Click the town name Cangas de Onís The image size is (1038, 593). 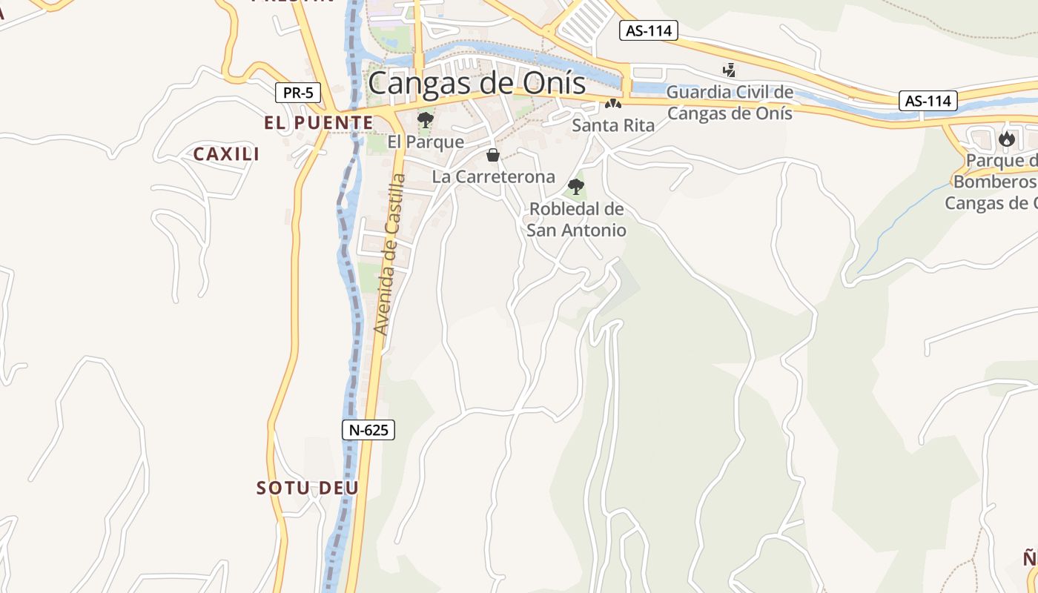tap(477, 83)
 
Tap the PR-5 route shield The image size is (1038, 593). tap(298, 93)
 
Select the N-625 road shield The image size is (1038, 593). tap(368, 429)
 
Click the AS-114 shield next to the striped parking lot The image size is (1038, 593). tap(648, 30)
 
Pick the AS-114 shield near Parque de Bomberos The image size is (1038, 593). tap(928, 100)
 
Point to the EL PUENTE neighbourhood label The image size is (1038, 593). tap(318, 122)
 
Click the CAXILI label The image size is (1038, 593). tap(226, 154)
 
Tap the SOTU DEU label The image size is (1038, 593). tap(308, 488)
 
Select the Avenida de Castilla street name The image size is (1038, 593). tap(390, 254)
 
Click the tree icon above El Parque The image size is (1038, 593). tap(425, 119)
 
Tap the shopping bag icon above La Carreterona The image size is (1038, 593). tap(492, 155)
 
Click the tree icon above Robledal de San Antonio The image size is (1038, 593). tap(575, 187)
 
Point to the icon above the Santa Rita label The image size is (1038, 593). tap(612, 104)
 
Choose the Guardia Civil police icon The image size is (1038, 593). tap(730, 70)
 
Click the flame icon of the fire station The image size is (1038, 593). tap(1006, 139)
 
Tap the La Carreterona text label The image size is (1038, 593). tap(493, 176)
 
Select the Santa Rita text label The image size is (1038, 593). tap(613, 125)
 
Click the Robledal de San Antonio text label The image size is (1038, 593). tap(576, 219)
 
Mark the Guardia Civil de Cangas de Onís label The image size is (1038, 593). tap(730, 103)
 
